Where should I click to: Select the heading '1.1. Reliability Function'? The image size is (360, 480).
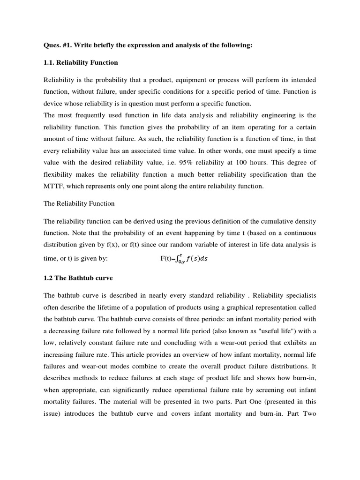tap(81, 62)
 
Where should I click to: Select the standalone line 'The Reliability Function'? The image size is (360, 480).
tap(79, 204)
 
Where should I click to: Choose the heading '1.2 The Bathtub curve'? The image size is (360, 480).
tap(78, 278)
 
